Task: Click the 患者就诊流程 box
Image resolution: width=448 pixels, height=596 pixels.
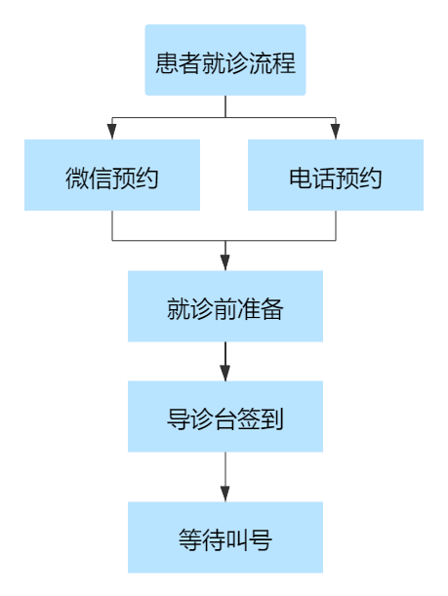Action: pyautogui.click(x=225, y=60)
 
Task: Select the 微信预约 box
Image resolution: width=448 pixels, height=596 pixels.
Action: pyautogui.click(x=112, y=175)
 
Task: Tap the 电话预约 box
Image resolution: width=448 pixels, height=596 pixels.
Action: pyautogui.click(x=336, y=175)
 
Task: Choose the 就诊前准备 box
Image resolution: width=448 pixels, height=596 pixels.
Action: pyautogui.click(x=225, y=306)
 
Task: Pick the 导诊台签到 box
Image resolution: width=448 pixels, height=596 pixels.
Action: pyautogui.click(x=225, y=417)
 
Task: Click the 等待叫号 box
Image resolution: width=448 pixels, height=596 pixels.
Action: pyautogui.click(x=225, y=537)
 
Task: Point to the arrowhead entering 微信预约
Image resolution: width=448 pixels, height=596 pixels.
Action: pyautogui.click(x=112, y=131)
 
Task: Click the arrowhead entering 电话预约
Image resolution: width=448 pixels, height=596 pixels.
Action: pyautogui.click(x=336, y=131)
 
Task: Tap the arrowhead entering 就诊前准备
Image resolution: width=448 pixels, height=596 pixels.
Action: pyautogui.click(x=225, y=262)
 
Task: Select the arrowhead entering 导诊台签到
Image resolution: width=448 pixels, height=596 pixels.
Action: pyautogui.click(x=225, y=373)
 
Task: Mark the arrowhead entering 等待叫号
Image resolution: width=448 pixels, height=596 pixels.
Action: pyautogui.click(x=225, y=494)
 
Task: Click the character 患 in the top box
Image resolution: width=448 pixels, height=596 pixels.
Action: pyautogui.click(x=167, y=62)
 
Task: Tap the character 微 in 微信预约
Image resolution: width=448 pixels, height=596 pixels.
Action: pyautogui.click(x=77, y=178)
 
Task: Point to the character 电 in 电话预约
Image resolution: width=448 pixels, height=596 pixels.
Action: pyautogui.click(x=301, y=178)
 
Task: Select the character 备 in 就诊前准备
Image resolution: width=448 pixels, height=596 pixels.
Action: pyautogui.click(x=272, y=309)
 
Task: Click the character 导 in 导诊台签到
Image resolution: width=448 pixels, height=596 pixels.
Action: pyautogui.click(x=179, y=419)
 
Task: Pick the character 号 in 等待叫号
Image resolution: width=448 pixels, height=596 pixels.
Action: pyautogui.click(x=261, y=540)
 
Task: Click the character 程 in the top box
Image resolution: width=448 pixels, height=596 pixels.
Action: pyautogui.click(x=284, y=62)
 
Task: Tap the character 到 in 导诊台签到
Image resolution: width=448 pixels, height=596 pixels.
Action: pyautogui.click(x=272, y=419)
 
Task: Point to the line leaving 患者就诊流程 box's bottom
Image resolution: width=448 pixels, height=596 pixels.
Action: pyautogui.click(x=225, y=106)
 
